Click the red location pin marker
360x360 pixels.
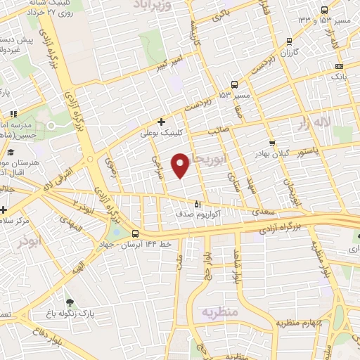pyautogui.click(x=181, y=165)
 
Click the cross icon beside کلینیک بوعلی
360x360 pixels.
pyautogui.click(x=162, y=122)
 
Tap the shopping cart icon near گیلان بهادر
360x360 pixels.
pyautogui.click(x=272, y=143)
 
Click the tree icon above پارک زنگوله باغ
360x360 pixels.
pyautogui.click(x=69, y=302)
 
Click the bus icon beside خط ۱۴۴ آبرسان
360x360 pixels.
pyautogui.click(x=135, y=235)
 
